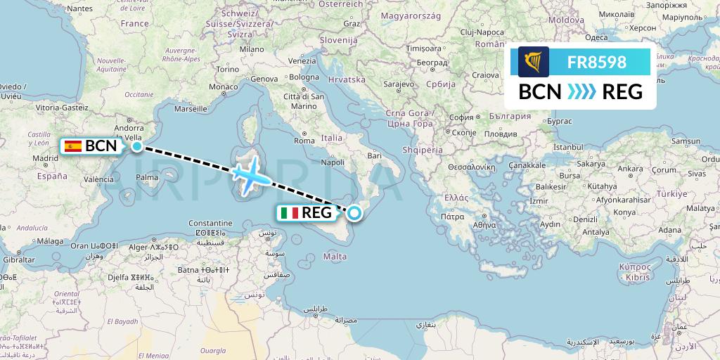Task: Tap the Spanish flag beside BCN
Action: tap(73, 146)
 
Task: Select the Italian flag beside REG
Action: tap(289, 212)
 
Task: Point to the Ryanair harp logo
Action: tap(533, 62)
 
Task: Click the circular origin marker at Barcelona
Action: tap(137, 146)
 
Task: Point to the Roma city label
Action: tap(304, 141)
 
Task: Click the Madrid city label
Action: tap(44, 159)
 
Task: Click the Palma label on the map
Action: tap(148, 177)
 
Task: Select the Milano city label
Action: tap(251, 50)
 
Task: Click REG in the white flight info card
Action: tap(612, 91)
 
